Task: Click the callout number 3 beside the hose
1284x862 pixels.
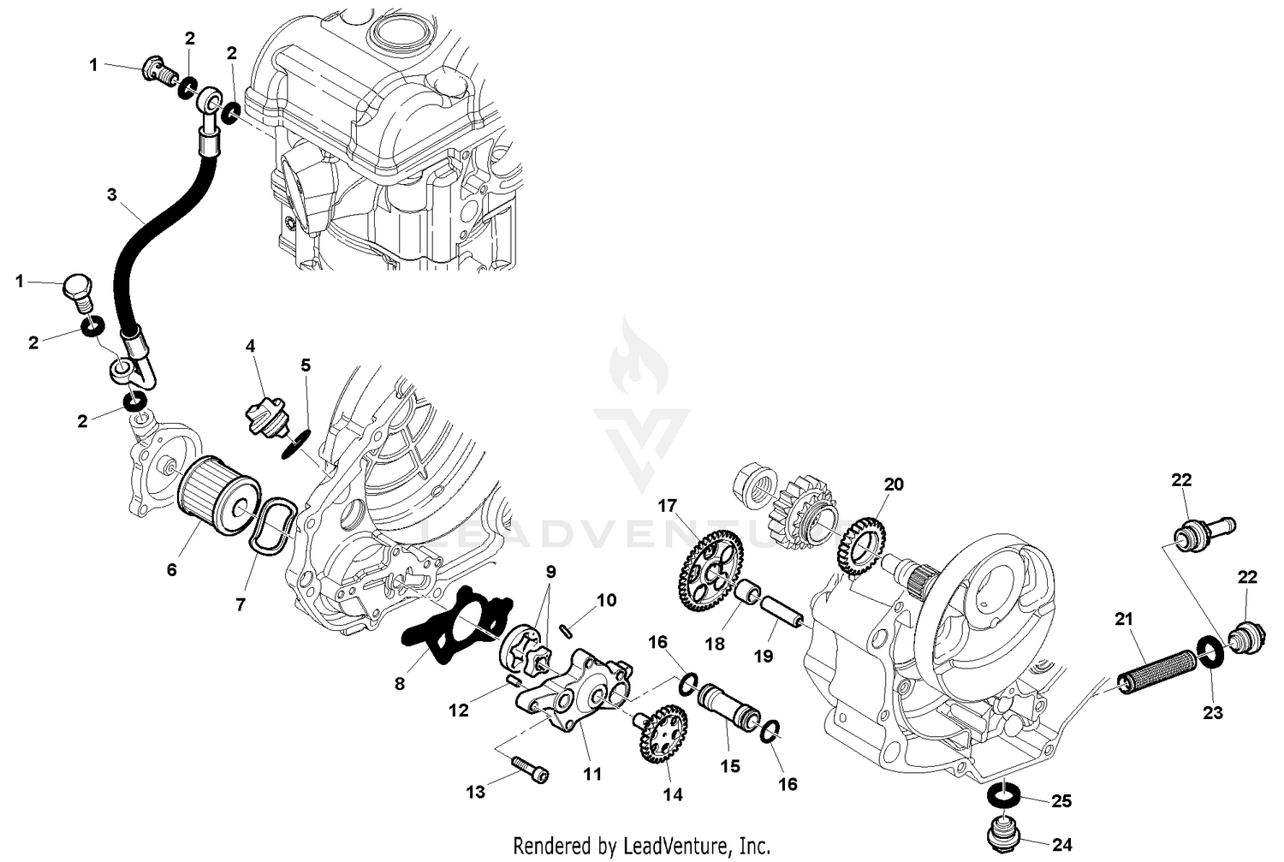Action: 111,194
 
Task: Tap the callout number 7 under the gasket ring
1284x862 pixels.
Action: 241,605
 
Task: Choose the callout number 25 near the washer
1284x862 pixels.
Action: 1061,801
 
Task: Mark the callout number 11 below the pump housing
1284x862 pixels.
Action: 592,774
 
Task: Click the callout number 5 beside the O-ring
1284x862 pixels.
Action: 306,366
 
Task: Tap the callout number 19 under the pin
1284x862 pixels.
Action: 763,656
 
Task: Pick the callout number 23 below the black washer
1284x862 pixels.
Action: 1213,711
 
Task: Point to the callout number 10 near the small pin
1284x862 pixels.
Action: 606,601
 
